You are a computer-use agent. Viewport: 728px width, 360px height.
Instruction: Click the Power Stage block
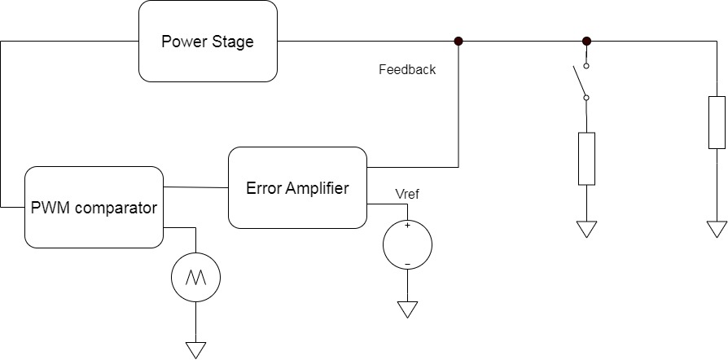(x=207, y=42)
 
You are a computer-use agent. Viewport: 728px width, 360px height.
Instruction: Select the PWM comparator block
(x=93, y=207)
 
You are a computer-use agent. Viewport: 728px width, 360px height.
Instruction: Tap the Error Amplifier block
(x=297, y=188)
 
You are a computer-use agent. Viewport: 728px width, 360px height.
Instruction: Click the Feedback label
(x=407, y=70)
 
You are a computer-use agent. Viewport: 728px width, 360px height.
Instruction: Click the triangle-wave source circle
(x=195, y=279)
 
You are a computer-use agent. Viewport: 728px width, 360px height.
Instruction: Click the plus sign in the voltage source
(x=407, y=226)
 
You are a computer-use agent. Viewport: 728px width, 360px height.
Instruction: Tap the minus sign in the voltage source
(x=407, y=262)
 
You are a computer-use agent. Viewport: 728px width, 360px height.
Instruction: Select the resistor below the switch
(x=586, y=158)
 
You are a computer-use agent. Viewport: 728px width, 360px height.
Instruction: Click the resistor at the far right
(x=717, y=122)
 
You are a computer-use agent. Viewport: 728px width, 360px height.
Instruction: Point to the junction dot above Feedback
(x=458, y=41)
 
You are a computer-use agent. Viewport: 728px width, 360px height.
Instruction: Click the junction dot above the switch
(x=586, y=41)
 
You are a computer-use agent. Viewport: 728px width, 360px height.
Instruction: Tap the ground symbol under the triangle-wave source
(x=195, y=349)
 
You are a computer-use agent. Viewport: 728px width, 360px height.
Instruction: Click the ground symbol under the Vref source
(x=407, y=310)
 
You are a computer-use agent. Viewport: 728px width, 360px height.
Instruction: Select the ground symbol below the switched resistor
(x=586, y=229)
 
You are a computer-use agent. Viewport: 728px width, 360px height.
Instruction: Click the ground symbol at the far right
(x=717, y=229)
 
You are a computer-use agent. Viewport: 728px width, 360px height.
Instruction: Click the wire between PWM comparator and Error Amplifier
(x=195, y=187)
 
